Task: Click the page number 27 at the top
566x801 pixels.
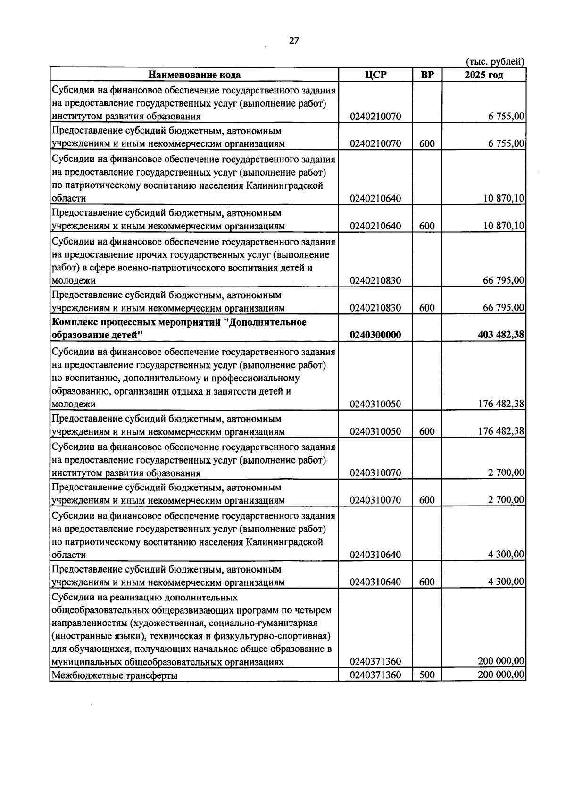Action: click(x=294, y=41)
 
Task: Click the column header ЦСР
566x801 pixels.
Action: click(x=375, y=75)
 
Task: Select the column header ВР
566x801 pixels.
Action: click(x=427, y=75)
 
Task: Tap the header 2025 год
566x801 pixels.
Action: click(x=483, y=75)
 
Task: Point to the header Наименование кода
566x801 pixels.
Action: click(x=194, y=75)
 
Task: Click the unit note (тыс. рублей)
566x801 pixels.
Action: click(x=495, y=62)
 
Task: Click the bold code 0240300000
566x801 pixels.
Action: click(x=375, y=335)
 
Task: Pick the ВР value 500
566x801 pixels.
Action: click(x=427, y=675)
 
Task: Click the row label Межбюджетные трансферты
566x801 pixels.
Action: click(x=115, y=675)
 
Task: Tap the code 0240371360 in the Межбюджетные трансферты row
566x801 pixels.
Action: click(x=375, y=675)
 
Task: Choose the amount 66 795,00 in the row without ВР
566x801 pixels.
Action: click(x=503, y=280)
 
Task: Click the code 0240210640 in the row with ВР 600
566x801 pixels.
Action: click(x=375, y=226)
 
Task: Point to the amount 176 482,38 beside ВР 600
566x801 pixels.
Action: click(x=501, y=431)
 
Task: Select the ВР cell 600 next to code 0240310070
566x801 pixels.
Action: click(x=427, y=500)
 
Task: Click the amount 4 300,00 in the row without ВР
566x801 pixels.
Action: click(x=506, y=554)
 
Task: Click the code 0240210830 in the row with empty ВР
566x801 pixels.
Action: click(x=375, y=280)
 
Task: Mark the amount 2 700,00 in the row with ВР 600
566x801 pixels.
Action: click(x=506, y=500)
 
